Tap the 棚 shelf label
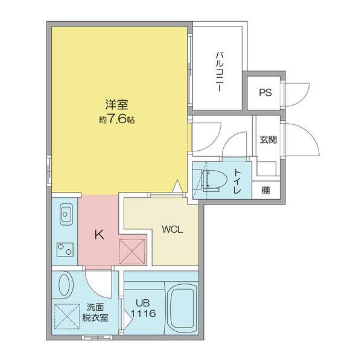265,191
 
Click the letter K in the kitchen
99,234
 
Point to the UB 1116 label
145,308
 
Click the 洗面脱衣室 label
97,313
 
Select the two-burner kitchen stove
65,247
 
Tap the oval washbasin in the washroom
65,285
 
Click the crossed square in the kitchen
132,250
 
